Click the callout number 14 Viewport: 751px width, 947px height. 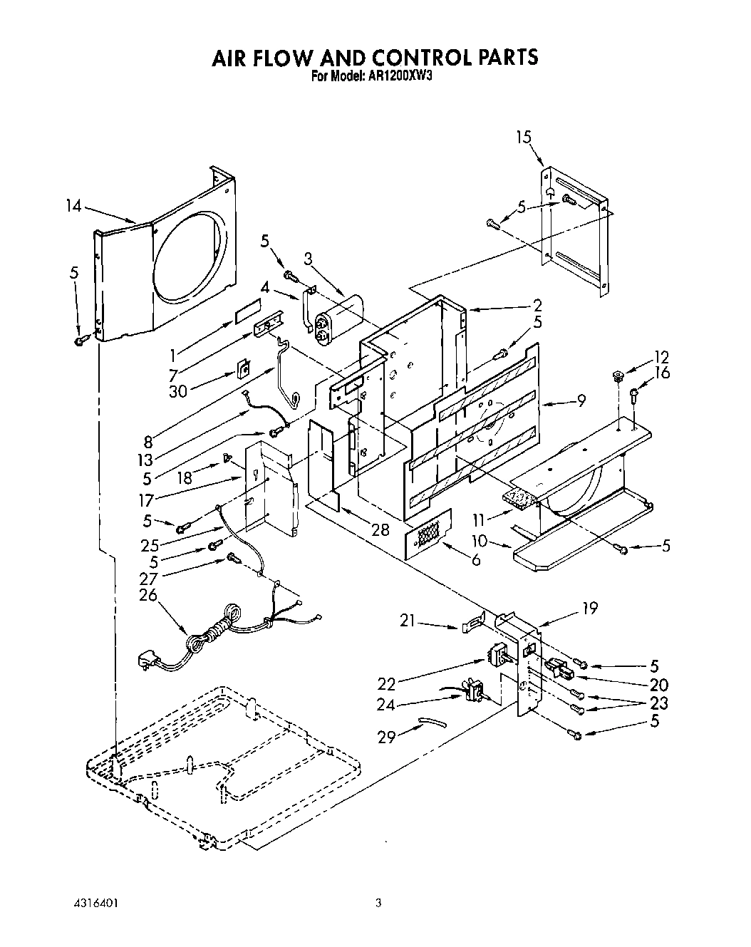73,207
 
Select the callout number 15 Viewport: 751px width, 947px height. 524,137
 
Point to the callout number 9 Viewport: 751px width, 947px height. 581,401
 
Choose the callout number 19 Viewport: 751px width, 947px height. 589,608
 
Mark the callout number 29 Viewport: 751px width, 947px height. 386,738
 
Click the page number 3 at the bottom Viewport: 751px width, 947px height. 378,903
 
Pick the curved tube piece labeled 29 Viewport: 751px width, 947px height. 432,723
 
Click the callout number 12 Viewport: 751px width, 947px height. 662,358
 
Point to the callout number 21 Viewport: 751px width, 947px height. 408,621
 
